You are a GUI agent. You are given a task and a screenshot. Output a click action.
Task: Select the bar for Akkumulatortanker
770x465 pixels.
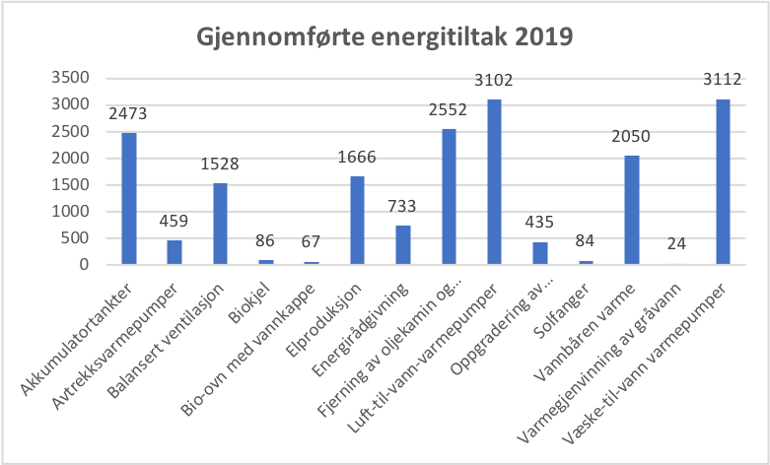[129, 199]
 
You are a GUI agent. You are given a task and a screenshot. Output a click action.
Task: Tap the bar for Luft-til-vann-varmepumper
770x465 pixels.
[494, 182]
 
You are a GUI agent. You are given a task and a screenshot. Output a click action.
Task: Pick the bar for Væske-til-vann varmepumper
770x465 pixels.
[723, 182]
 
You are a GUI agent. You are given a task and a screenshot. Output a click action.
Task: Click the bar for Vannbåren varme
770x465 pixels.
[631, 210]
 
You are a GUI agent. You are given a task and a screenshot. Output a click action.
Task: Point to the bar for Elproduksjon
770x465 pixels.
[357, 221]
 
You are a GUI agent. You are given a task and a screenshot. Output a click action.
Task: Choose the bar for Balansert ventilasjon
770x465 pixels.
[220, 224]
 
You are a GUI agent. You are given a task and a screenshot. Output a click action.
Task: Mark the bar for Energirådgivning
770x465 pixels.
[403, 245]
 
